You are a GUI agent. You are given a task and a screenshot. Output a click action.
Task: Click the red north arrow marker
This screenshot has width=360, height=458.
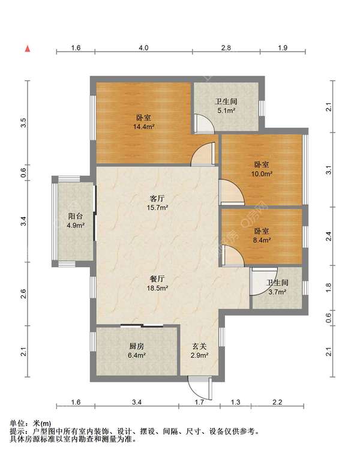28,49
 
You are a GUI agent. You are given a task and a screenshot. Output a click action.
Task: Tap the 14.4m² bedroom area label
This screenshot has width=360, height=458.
143,127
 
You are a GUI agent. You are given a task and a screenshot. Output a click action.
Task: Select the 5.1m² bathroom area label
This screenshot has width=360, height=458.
226,110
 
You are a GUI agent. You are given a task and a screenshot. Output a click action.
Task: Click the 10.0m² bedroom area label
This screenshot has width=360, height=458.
262,174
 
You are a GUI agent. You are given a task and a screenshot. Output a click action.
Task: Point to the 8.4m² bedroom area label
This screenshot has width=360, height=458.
262,240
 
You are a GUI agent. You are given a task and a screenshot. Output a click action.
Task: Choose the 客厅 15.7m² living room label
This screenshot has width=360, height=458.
157,203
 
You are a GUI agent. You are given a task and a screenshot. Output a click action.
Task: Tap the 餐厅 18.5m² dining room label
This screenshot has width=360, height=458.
157,283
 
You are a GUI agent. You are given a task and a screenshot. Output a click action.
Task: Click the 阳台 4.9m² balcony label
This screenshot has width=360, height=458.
76,220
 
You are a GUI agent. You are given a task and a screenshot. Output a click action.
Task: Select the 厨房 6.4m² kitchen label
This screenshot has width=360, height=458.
137,351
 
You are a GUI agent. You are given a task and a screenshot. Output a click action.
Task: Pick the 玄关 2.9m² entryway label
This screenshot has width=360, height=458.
199,351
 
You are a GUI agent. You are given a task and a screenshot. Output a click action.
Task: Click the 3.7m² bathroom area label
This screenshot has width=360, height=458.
277,292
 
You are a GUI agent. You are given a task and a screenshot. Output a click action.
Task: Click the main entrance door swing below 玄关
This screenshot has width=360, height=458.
200,388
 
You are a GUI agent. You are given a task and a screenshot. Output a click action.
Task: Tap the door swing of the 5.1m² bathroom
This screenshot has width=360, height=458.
204,123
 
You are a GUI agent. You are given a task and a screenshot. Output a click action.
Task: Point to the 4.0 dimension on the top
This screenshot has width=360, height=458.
143,47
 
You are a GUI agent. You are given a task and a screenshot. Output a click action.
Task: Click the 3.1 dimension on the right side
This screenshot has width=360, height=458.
329,170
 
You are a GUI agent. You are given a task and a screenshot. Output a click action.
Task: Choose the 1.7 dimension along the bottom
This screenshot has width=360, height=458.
199,402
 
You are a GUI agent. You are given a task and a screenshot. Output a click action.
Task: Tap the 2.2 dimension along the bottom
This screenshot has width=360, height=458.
277,402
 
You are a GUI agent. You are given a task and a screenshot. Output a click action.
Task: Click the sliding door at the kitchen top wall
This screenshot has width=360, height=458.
142,326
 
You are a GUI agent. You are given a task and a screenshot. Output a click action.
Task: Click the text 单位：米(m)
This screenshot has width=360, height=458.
31,423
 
